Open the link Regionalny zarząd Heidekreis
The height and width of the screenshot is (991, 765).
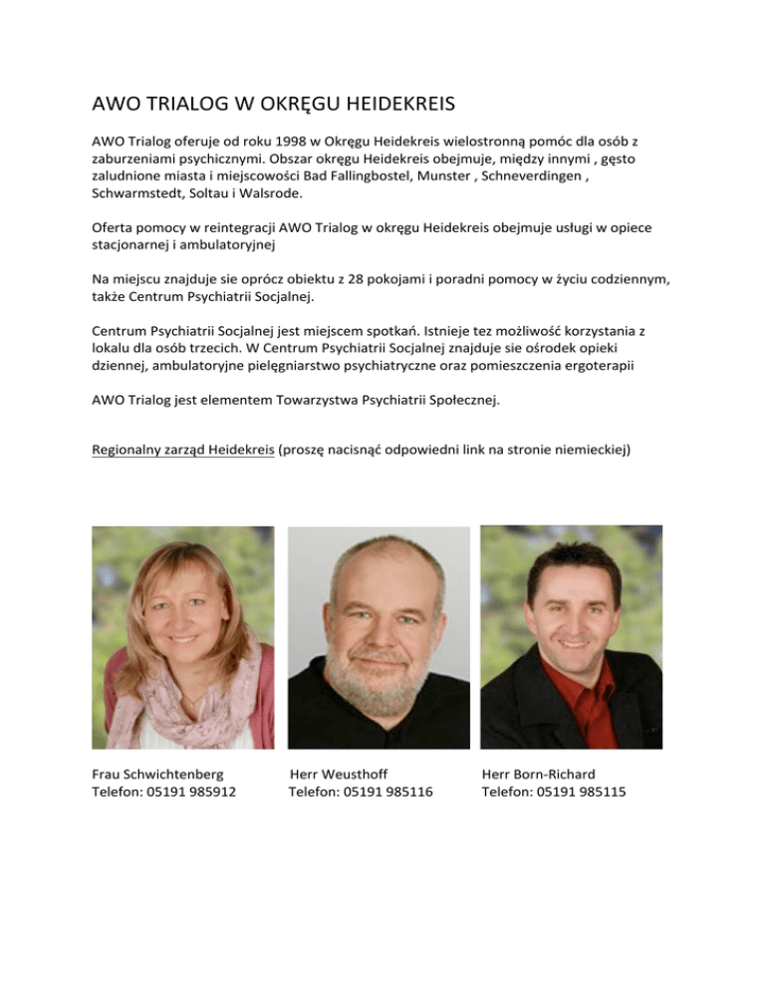[182, 450]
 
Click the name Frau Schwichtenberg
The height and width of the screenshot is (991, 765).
[157, 774]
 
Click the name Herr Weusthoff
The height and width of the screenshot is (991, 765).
[339, 774]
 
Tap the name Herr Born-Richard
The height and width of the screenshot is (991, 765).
[538, 774]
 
